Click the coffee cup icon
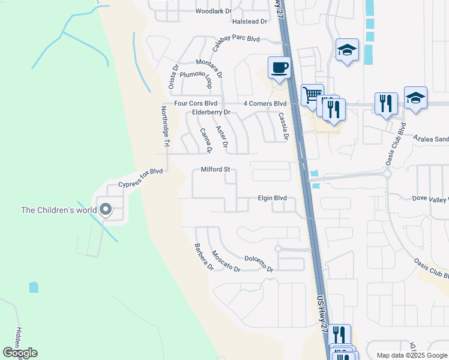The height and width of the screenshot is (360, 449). [279, 67]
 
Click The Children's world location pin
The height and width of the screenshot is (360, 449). [106, 209]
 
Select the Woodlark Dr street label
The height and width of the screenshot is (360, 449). [213, 11]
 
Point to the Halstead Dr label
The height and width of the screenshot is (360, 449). [249, 22]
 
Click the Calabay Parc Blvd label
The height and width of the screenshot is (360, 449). [235, 39]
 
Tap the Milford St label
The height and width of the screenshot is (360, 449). [215, 170]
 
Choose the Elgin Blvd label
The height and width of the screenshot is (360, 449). [272, 198]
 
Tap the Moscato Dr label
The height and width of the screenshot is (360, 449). [226, 261]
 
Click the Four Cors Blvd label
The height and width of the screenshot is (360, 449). [195, 103]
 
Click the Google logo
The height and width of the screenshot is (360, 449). [20, 353]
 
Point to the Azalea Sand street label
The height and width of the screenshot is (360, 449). [431, 139]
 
